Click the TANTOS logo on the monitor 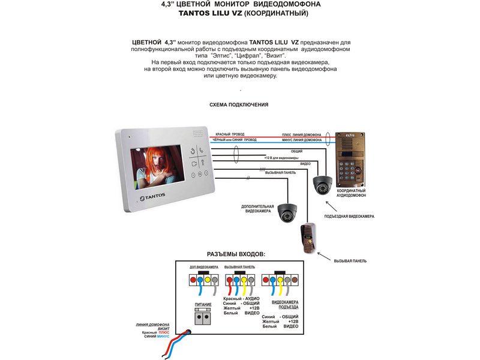pos(152,196)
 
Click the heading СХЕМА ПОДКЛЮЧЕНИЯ pos(239,104)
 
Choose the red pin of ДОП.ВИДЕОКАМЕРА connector pos(193,280)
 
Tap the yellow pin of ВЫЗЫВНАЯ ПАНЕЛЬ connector pos(244,280)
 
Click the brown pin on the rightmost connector pos(295,280)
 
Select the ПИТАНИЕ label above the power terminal pos(203,305)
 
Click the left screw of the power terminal pos(199,316)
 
